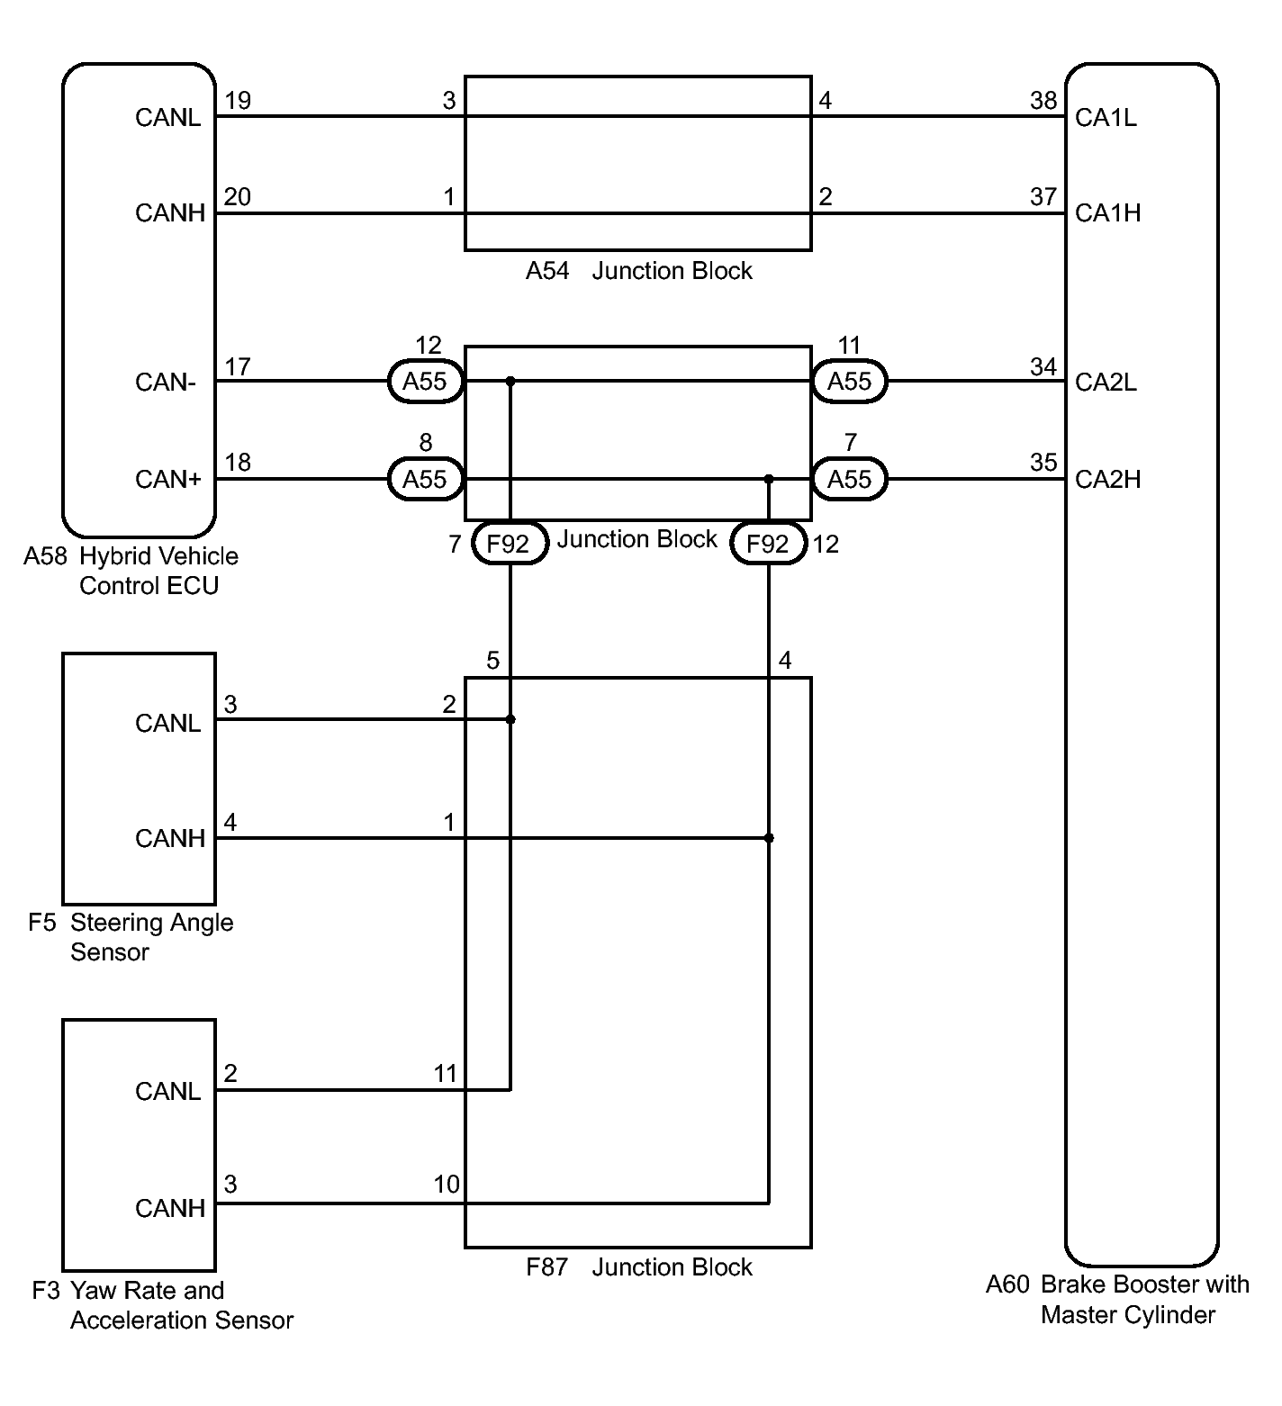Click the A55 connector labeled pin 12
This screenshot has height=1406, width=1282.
tap(425, 382)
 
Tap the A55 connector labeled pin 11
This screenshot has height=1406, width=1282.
tap(849, 382)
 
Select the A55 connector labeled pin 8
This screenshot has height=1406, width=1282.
tap(425, 479)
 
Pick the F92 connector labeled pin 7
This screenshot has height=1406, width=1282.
tap(510, 544)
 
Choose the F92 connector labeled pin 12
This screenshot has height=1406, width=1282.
tap(768, 544)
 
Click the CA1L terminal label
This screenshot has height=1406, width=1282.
tap(1106, 118)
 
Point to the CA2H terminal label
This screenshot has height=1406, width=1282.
tap(1107, 480)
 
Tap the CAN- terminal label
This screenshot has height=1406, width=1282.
tap(166, 383)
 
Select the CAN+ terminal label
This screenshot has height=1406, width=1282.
tap(168, 480)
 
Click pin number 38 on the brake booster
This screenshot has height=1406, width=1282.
tap(1043, 100)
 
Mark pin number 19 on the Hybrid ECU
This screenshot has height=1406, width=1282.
tap(238, 100)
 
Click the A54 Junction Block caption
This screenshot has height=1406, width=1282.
tap(639, 271)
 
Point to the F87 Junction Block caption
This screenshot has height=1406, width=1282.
tap(639, 1267)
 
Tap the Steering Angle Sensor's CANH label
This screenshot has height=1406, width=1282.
tap(170, 839)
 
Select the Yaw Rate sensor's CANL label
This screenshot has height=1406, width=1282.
tap(167, 1092)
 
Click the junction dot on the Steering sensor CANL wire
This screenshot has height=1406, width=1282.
tap(510, 719)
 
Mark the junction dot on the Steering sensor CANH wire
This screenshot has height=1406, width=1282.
tap(769, 838)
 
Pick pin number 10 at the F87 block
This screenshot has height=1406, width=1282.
tap(447, 1185)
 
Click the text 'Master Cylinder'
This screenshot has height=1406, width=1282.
tap(1128, 1315)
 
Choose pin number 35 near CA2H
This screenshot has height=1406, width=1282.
tap(1043, 462)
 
